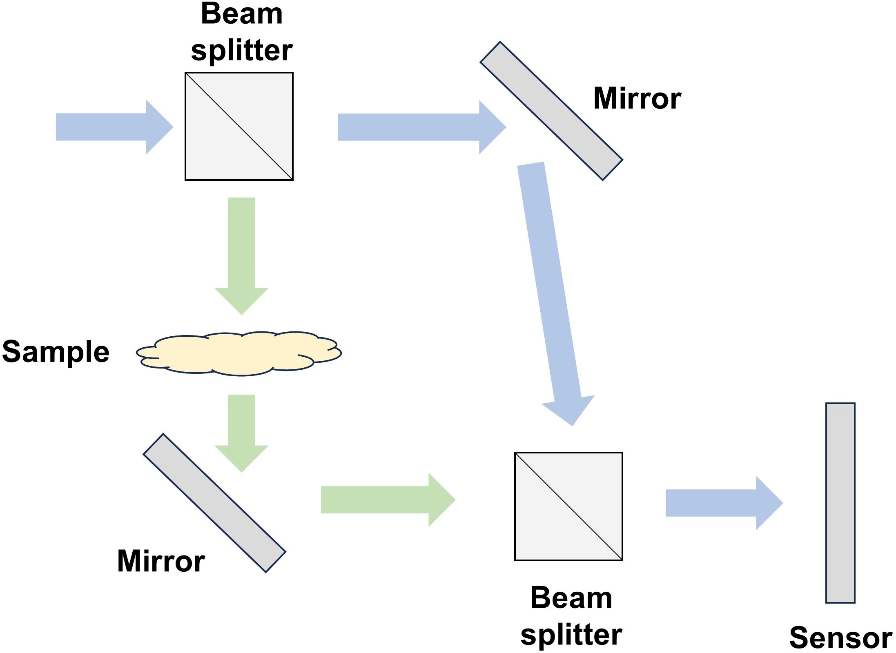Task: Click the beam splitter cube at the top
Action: pos(239,126)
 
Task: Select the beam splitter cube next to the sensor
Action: pos(568,506)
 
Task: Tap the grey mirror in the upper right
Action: pos(551,111)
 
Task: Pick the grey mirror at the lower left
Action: pos(214,503)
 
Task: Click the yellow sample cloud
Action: pos(239,353)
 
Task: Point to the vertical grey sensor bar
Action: pos(840,503)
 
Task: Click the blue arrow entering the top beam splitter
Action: pos(115,127)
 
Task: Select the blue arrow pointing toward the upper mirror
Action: pos(422,127)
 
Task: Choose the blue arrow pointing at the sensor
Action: pos(724,503)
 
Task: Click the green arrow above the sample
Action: pos(241,256)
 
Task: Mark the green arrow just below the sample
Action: pos(241,433)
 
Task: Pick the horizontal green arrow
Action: pos(388,500)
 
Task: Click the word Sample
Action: pos(56,351)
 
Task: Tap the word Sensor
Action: pos(841,637)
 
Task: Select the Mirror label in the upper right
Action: pos(637,98)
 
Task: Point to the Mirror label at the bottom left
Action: pos(161,561)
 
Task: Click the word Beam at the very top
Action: pos(242,13)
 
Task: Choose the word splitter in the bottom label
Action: pos(571,635)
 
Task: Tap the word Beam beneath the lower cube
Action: pos(571,598)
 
